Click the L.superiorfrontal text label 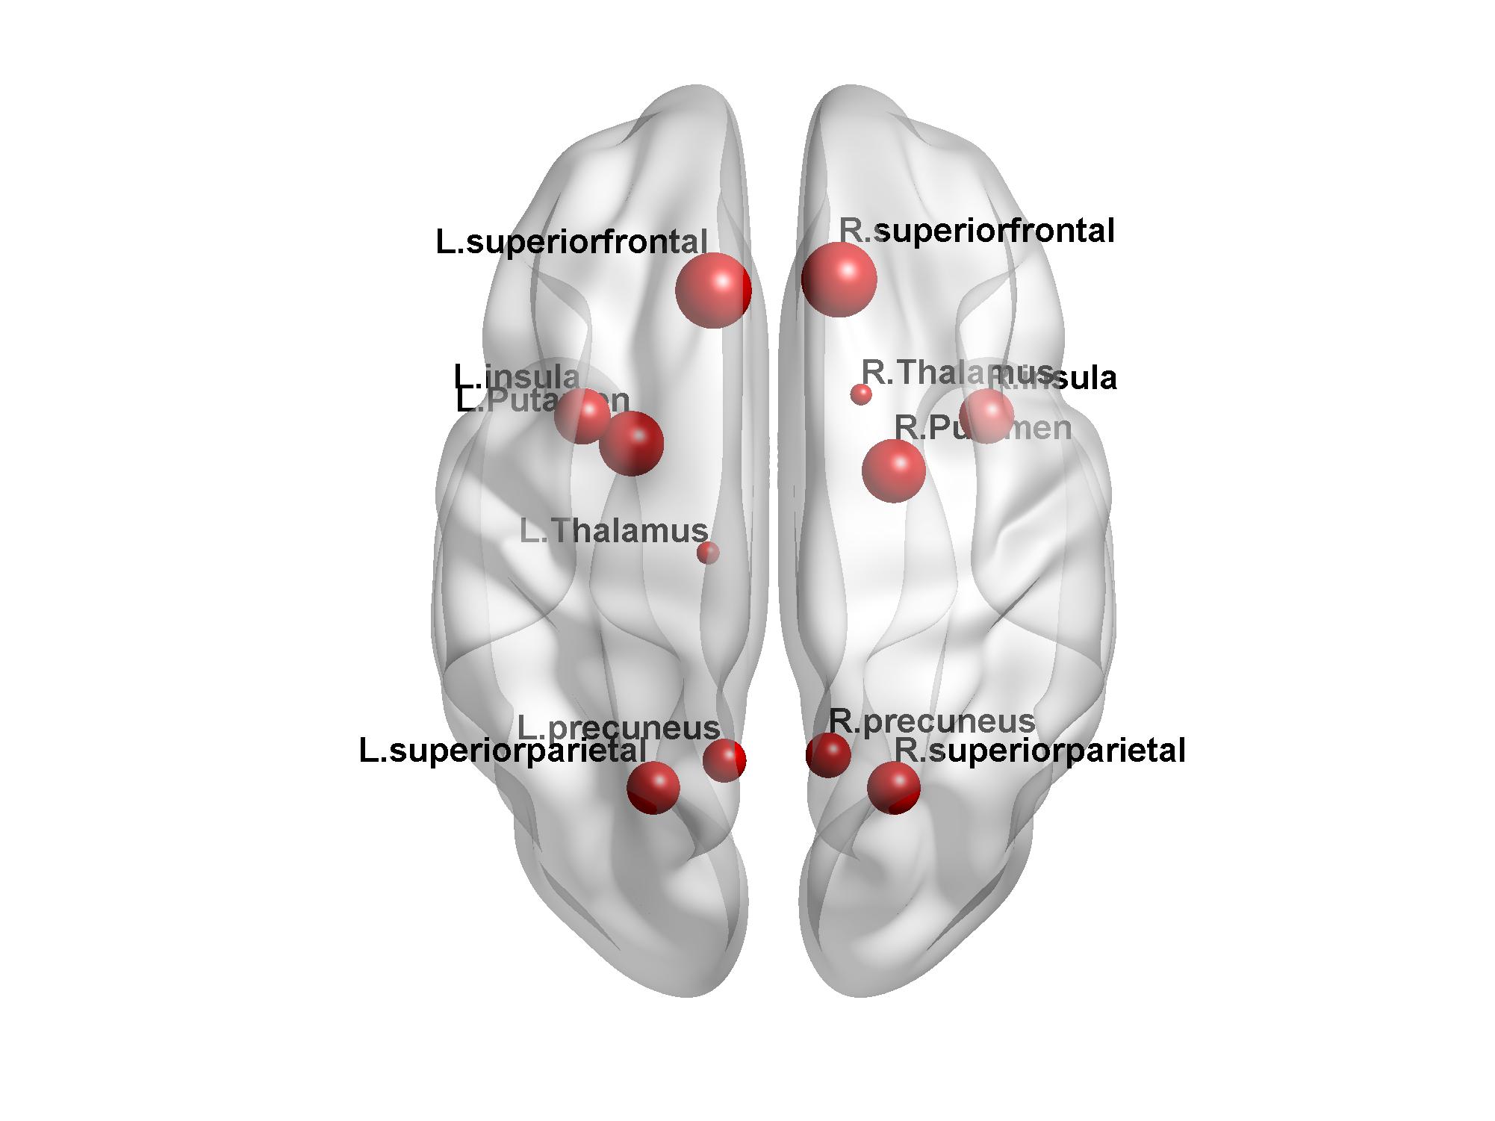point(571,243)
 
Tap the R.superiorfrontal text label point(977,231)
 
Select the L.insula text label point(517,378)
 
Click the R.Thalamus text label point(957,372)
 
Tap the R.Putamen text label point(983,428)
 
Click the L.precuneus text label point(618,727)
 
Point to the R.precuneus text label point(932,721)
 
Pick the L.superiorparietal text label point(503,751)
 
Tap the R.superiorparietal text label point(1039,751)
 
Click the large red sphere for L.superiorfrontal point(713,291)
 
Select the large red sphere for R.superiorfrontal point(839,279)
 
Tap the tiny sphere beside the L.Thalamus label point(708,553)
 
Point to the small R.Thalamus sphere point(861,394)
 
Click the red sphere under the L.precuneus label point(724,760)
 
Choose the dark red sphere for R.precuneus point(828,755)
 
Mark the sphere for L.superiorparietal point(653,787)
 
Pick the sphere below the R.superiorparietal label point(894,787)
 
